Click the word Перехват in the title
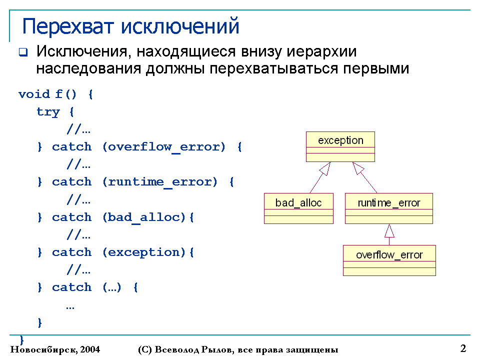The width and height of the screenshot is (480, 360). tap(68, 26)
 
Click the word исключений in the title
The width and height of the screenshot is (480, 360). tap(180, 26)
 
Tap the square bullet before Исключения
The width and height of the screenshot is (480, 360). tap(23, 52)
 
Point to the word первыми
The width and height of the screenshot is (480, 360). tap(375, 69)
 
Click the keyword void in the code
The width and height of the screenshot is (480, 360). tap(34, 94)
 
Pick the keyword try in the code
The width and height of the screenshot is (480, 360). tap(48, 112)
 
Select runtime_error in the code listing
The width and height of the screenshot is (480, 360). tap(159, 182)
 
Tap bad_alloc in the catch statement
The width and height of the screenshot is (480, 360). tap(143, 217)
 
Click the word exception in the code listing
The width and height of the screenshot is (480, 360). tap(143, 252)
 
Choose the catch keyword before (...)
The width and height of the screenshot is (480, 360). tap(71, 287)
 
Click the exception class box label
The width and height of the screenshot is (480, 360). tap(340, 140)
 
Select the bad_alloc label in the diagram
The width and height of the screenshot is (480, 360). tap(298, 203)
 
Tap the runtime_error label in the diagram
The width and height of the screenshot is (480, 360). tap(389, 203)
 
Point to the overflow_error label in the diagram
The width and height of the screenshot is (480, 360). tap(389, 255)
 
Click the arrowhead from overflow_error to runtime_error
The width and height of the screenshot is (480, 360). tap(389, 231)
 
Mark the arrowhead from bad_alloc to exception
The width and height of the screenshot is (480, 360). tap(325, 168)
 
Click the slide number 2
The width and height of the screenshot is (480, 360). tap(463, 348)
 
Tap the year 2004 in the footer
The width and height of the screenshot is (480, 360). tap(90, 349)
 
